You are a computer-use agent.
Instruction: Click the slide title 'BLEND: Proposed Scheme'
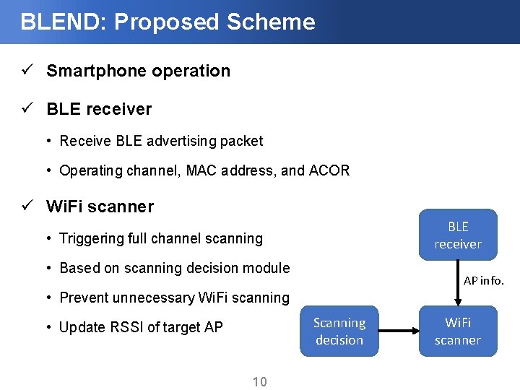[x=168, y=22]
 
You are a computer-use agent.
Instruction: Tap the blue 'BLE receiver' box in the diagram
[x=457, y=235]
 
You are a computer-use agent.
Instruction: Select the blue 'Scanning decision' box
[x=339, y=331]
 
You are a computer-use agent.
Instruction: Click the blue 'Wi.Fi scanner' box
[x=457, y=331]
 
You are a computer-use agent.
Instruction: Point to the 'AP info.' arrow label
[x=483, y=280]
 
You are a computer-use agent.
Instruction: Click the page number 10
[x=259, y=381]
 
